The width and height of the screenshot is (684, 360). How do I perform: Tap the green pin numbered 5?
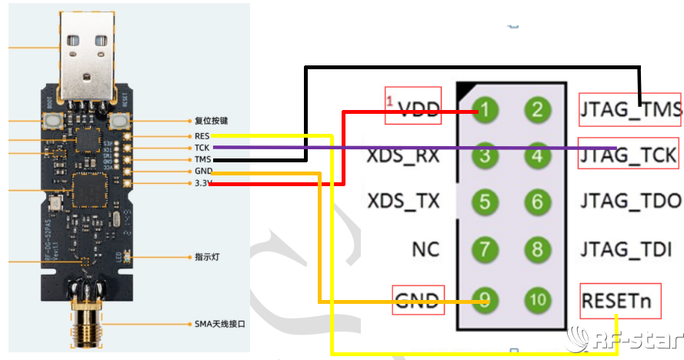(x=485, y=202)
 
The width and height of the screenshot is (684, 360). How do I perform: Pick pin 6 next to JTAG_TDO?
(x=537, y=202)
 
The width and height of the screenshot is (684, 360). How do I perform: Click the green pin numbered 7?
(x=485, y=249)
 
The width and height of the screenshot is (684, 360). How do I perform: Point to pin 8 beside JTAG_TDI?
(x=537, y=249)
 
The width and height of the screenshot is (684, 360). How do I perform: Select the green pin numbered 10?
(x=537, y=299)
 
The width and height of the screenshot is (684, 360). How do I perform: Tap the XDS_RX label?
(x=404, y=156)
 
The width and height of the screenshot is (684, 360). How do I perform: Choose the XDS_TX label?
(x=404, y=202)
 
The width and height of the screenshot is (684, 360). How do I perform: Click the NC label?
(x=425, y=249)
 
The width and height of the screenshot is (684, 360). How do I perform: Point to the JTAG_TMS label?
(x=631, y=111)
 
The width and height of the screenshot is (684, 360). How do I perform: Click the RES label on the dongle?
(x=202, y=135)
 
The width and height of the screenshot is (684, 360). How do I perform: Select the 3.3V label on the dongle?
(x=203, y=183)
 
